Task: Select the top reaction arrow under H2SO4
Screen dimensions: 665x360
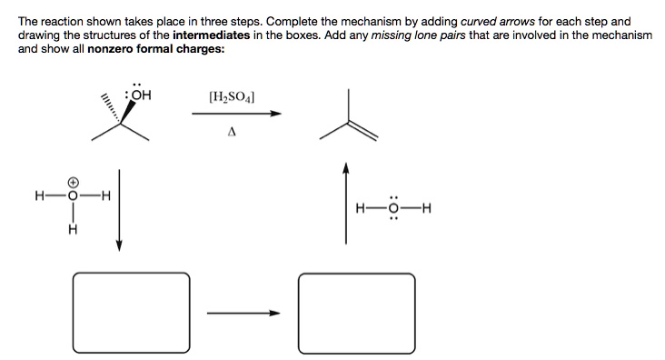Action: [x=235, y=114]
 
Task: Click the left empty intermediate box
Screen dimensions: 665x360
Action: [x=134, y=305]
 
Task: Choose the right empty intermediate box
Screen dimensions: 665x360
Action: [x=357, y=305]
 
